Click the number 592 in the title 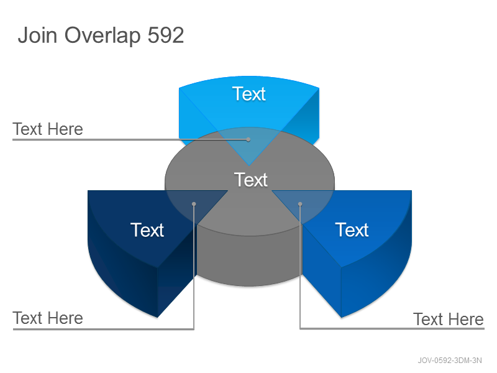[166, 35]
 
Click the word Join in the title [38, 35]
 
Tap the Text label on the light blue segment [249, 94]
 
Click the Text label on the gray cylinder [251, 180]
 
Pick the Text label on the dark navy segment [147, 229]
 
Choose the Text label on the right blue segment [352, 229]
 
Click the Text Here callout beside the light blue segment [48, 129]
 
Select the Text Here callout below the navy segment [48, 318]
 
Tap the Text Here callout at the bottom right [449, 319]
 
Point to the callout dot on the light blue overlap [248, 139]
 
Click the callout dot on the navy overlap [194, 204]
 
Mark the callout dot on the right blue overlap [300, 204]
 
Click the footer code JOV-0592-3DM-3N [449, 361]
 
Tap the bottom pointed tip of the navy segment [157, 317]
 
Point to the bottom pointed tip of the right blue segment [341, 317]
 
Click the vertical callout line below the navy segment [194, 267]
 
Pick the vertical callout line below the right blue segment [300, 267]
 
